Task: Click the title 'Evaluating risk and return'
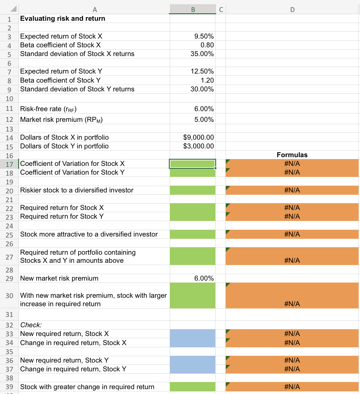tap(63, 18)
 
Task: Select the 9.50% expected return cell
tap(204, 36)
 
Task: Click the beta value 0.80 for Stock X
tap(207, 45)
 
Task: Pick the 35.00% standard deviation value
tap(202, 54)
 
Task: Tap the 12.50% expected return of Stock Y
tap(202, 71)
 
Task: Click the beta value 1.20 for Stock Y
tap(207, 80)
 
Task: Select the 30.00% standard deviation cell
tap(202, 89)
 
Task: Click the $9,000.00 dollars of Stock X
tap(199, 137)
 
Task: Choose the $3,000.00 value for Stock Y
tap(199, 146)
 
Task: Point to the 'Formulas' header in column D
tap(292, 155)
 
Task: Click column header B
tap(193, 10)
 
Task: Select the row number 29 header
tap(9, 278)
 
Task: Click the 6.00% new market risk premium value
tap(204, 278)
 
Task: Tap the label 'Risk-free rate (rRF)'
tap(48, 109)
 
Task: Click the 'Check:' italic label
tap(31, 325)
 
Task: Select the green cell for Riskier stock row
tap(192, 190)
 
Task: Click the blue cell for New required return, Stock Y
tap(192, 360)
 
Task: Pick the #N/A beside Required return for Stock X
tap(292, 208)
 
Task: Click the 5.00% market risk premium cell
tap(204, 120)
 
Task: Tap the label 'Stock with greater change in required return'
tap(87, 387)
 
